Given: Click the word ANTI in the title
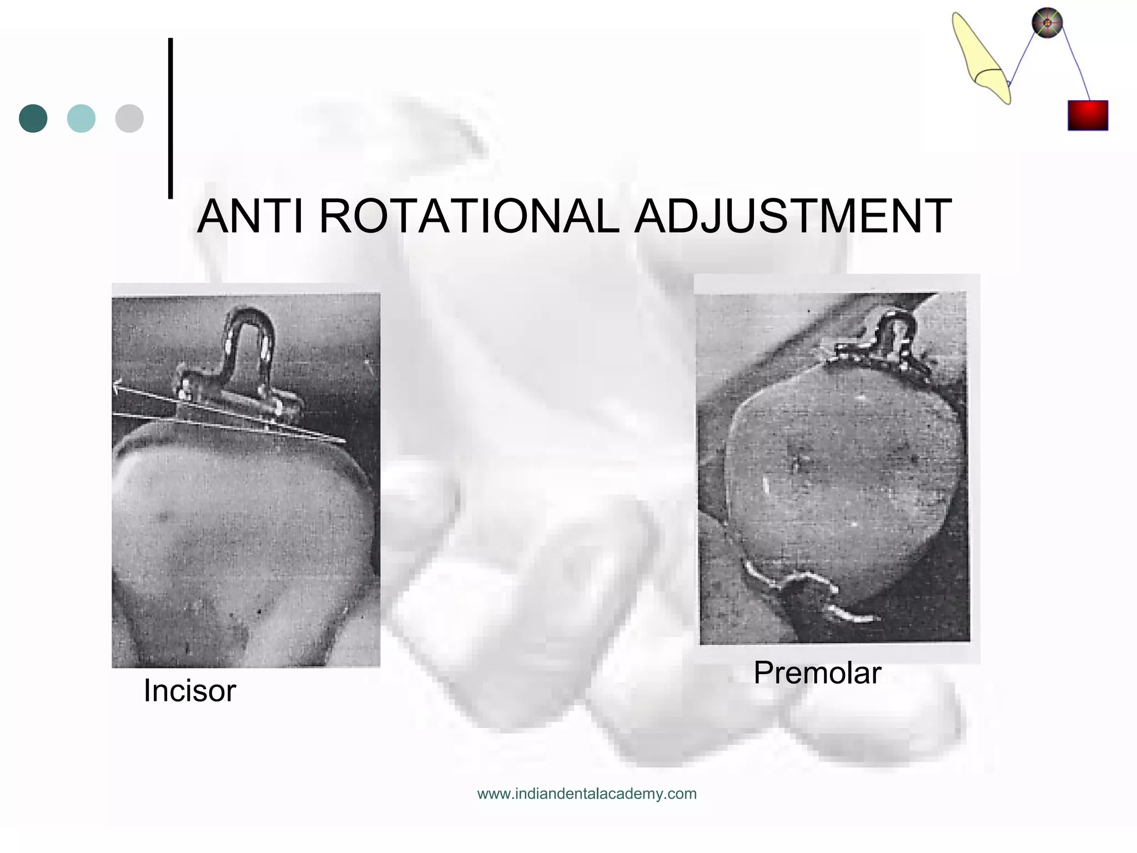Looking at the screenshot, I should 250,217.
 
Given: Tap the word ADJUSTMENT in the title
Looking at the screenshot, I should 793,217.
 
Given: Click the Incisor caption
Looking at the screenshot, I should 189,691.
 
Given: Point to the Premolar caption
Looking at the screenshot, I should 817,673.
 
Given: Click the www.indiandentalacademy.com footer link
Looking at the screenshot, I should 587,794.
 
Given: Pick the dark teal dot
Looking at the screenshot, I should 33,118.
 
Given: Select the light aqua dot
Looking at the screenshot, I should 81,118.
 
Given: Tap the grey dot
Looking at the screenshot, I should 129,118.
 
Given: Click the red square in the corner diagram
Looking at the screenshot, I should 1088,116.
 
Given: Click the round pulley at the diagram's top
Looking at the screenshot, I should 1047,23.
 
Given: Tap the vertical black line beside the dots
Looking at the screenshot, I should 170,118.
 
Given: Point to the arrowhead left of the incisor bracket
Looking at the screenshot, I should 117,385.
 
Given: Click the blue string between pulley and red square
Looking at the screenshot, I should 1076,64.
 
